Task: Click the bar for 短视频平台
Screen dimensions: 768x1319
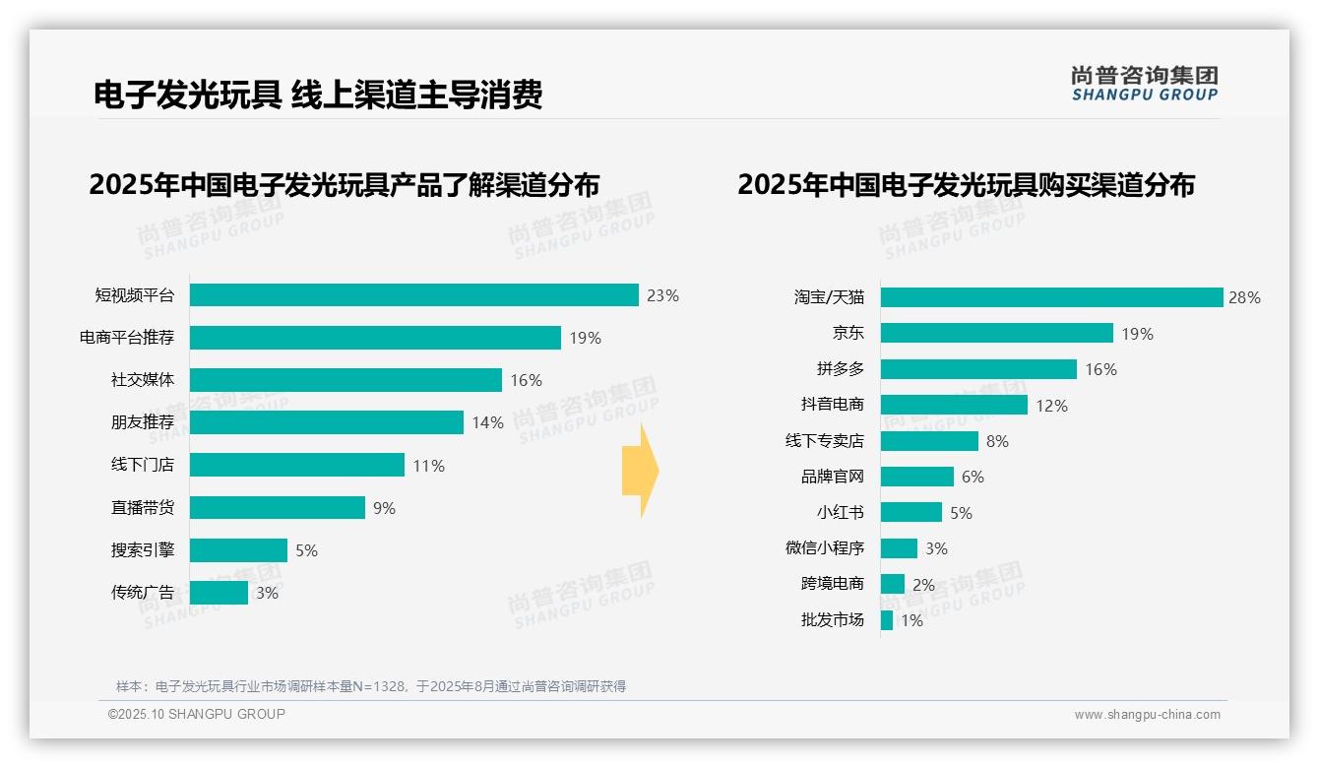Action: coord(413,295)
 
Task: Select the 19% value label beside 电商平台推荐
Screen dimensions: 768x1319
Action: coord(585,338)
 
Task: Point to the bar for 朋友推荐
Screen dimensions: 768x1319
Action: coord(326,422)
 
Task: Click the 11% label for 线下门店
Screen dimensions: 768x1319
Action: coord(428,466)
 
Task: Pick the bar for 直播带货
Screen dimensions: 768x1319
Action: coord(277,508)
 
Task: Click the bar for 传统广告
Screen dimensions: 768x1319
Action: coord(219,593)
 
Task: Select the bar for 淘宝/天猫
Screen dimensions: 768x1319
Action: coord(1051,297)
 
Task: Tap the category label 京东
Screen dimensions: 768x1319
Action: coord(848,333)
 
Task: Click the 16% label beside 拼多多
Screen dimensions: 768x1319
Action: coord(1100,369)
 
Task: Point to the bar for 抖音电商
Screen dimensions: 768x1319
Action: coord(954,405)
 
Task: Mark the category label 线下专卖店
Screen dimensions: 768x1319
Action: coord(824,441)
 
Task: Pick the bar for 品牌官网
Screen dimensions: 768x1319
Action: coord(916,477)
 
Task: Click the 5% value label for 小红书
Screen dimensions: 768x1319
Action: coord(961,513)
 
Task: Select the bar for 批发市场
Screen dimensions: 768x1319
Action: coord(887,620)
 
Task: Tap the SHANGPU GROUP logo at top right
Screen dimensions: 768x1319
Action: coord(1144,84)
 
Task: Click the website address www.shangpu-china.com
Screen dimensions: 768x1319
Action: coord(1147,715)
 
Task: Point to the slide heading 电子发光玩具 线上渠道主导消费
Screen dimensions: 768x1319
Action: coord(318,95)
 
